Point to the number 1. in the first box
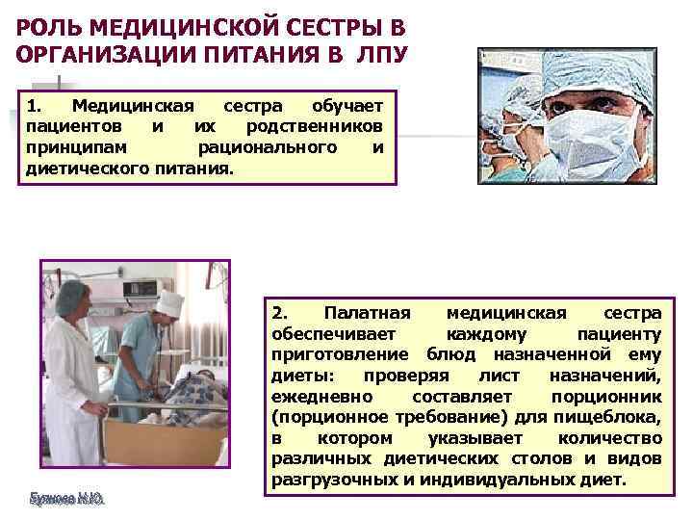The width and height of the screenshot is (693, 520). point(36,105)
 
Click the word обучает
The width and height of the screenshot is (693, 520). point(348,105)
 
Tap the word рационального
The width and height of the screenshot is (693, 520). point(267,147)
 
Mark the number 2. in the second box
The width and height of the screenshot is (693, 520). point(279,314)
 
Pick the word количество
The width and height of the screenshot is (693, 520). point(611,438)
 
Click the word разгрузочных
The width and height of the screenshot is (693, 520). point(329,480)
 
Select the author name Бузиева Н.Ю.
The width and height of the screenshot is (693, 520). point(66,498)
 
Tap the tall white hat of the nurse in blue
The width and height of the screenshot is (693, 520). point(169,303)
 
